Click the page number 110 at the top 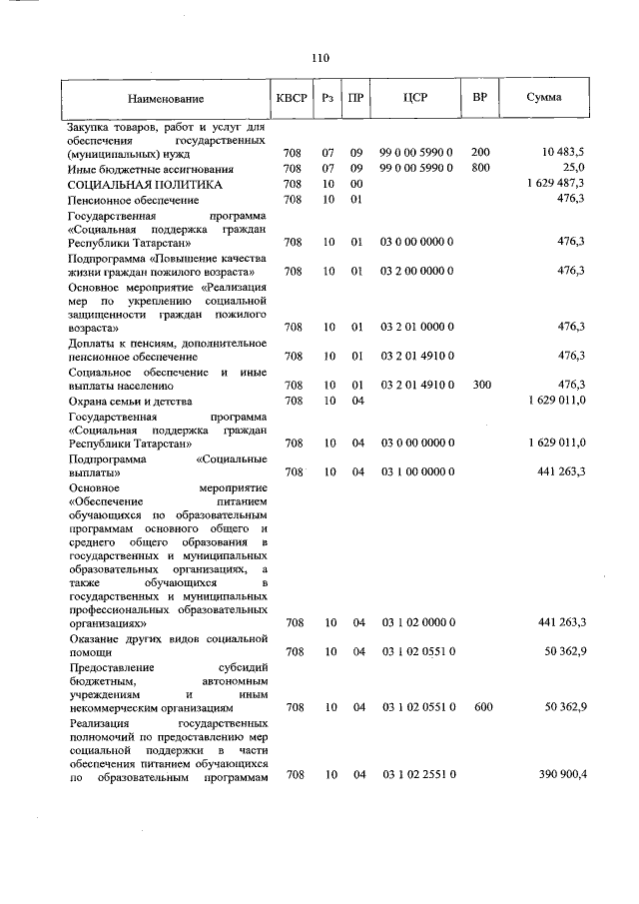tap(319, 58)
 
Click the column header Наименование tap(165, 99)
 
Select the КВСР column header tap(292, 98)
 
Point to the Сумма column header tap(543, 98)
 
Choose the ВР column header tap(479, 98)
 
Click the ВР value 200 tap(480, 152)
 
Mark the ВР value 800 tap(480, 168)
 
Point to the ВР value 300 tap(480, 385)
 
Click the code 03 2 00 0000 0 tap(416, 271)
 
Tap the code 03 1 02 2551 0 tap(418, 774)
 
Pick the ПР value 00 tap(355, 184)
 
